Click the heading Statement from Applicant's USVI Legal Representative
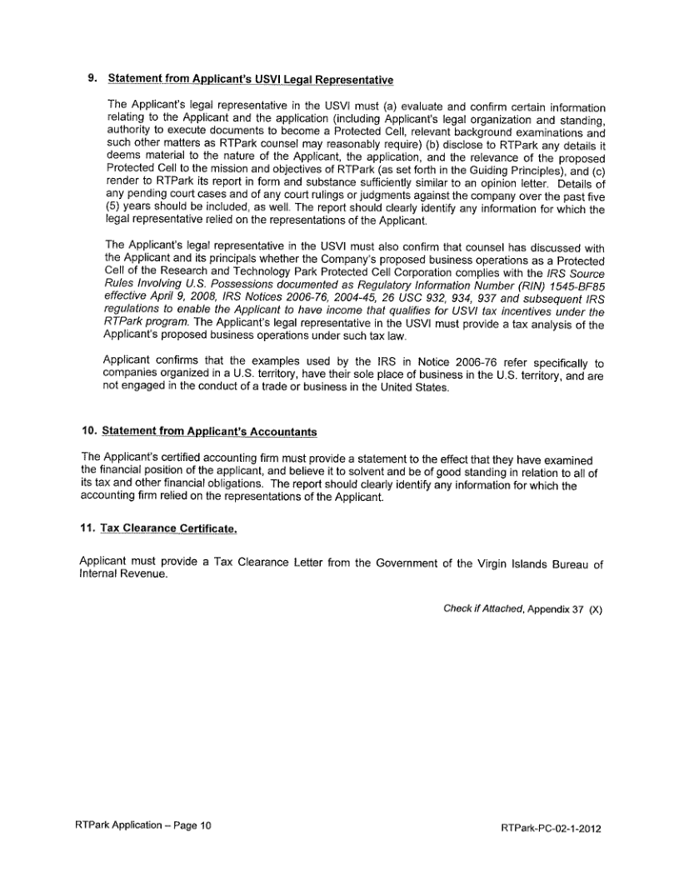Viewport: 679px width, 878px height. pos(250,80)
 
